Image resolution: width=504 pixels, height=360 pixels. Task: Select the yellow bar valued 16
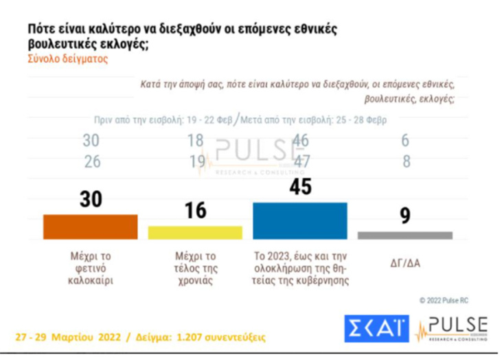point(195,232)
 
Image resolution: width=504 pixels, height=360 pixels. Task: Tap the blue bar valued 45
point(300,220)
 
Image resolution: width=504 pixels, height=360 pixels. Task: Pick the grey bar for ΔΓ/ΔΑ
point(405,235)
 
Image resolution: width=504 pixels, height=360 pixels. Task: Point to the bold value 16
point(196,210)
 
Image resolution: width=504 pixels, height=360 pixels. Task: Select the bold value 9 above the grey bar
point(405,216)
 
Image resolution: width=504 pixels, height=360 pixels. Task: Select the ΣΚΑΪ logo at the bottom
point(376,329)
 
